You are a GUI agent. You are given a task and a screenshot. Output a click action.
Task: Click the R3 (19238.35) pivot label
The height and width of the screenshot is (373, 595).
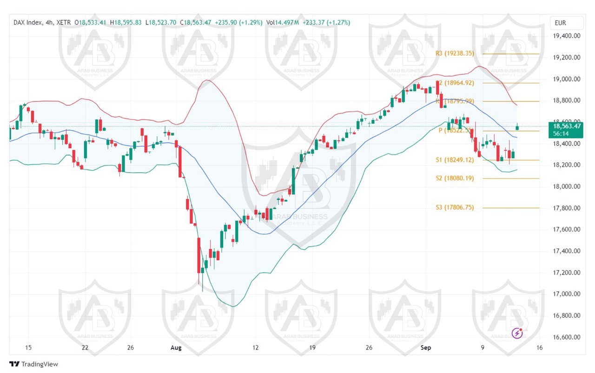pyautogui.click(x=455, y=53)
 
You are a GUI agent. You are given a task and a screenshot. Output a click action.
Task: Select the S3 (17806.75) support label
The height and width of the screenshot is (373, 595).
pyautogui.click(x=455, y=208)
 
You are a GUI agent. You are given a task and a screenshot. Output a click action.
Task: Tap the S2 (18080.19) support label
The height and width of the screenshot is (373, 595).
pyautogui.click(x=455, y=178)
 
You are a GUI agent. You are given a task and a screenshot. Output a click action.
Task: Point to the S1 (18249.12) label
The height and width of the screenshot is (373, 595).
pyautogui.click(x=455, y=160)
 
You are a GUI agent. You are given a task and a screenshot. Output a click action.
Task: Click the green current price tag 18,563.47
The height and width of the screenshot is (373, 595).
pyautogui.click(x=565, y=126)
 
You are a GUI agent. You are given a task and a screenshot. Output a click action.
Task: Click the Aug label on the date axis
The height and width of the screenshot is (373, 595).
pyautogui.click(x=176, y=347)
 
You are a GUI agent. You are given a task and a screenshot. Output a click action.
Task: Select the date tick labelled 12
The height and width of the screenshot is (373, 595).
pyautogui.click(x=255, y=347)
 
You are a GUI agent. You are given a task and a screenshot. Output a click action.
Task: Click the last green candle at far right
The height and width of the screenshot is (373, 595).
pyautogui.click(x=517, y=127)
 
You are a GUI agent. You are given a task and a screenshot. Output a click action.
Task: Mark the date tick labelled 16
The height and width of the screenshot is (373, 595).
pyautogui.click(x=539, y=347)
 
